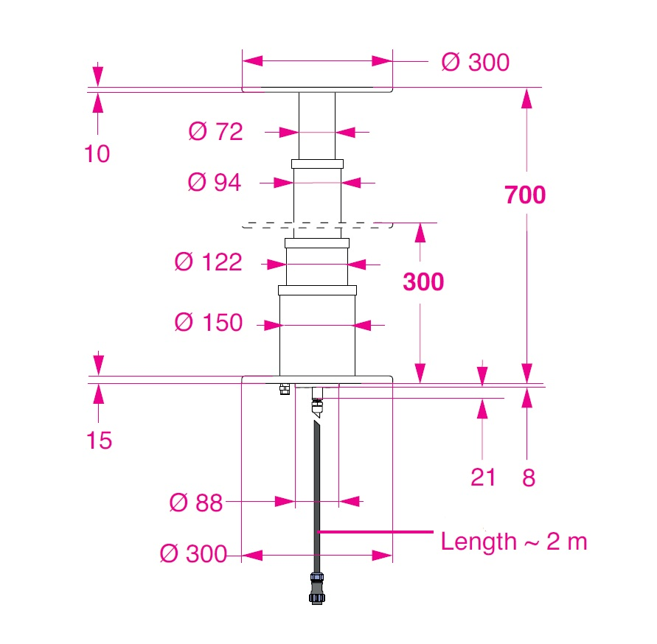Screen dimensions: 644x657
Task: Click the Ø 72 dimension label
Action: coord(215,132)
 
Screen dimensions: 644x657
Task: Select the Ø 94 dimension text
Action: coord(215,183)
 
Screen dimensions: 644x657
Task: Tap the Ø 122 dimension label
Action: coord(208,262)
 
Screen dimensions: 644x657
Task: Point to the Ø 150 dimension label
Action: coord(208,323)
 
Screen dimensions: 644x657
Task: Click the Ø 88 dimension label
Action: coord(195,503)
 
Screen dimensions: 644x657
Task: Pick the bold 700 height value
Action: coord(525,195)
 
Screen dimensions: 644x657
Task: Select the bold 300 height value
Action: coord(423,282)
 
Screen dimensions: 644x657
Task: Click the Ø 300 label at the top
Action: coord(475,63)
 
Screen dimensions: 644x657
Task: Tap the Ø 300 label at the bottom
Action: coord(193,554)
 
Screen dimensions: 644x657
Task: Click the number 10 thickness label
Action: coord(97,154)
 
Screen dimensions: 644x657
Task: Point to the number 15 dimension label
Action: coord(99,441)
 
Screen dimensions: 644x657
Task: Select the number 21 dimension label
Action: coord(483,478)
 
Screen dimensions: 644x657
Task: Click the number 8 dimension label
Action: coord(528,478)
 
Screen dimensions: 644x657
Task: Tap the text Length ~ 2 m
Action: coord(513,542)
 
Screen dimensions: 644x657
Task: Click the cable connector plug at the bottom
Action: coord(316,588)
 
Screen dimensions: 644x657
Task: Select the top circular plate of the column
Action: coord(317,90)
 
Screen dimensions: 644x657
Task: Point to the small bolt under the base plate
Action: coord(283,388)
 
